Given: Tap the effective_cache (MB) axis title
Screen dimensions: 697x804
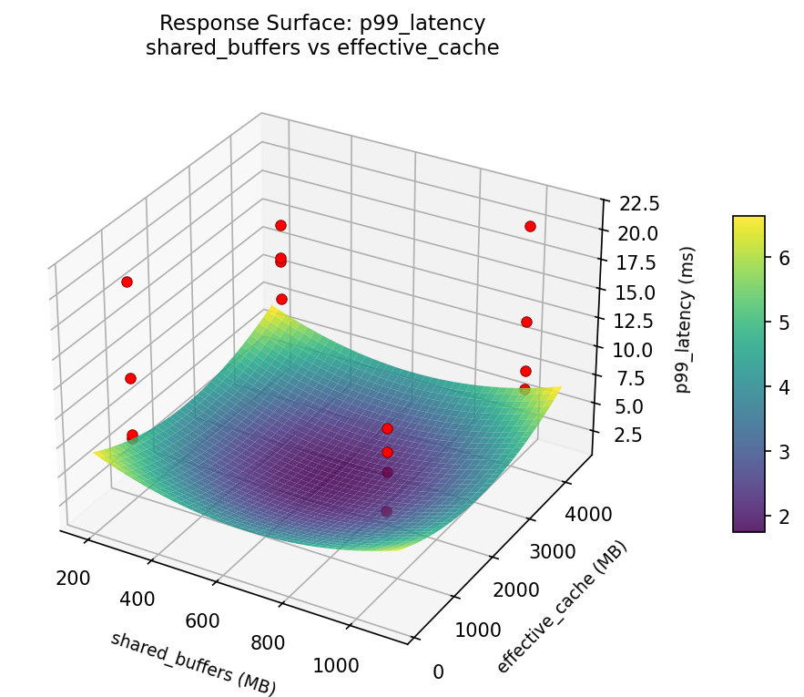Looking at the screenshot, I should (562, 608).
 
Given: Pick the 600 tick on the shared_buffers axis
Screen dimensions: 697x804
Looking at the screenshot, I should (202, 620).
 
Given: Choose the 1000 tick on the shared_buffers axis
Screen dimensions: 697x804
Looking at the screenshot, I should (336, 666).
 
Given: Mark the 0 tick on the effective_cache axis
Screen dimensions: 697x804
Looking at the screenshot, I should (438, 672).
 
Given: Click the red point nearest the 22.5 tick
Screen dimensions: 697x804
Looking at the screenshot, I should (530, 226).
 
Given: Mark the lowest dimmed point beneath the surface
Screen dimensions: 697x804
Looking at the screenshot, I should (387, 511).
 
